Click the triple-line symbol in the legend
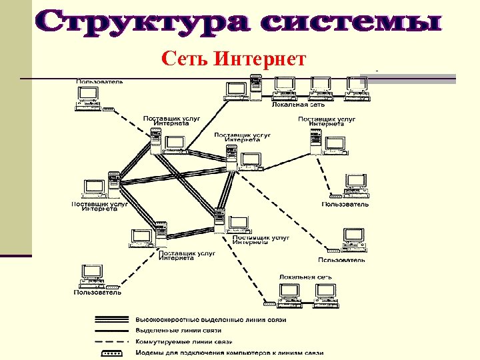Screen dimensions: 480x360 pos(113,319)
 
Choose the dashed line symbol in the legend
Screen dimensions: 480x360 pos(113,341)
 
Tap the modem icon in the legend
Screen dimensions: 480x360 pos(113,352)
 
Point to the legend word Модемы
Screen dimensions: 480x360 pos(150,353)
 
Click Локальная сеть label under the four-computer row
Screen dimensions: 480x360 pos(298,105)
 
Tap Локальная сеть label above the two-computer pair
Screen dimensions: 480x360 pos(306,276)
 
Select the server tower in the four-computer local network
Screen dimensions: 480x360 pos(255,87)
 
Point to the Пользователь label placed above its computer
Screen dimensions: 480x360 pos(99,81)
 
